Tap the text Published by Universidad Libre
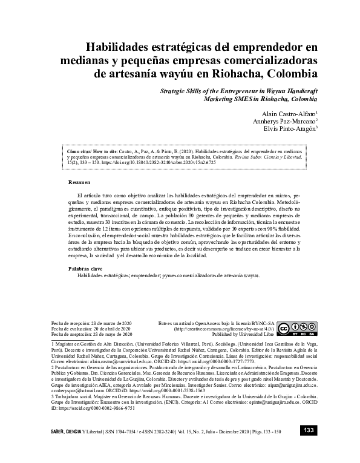(x=243, y=333)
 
